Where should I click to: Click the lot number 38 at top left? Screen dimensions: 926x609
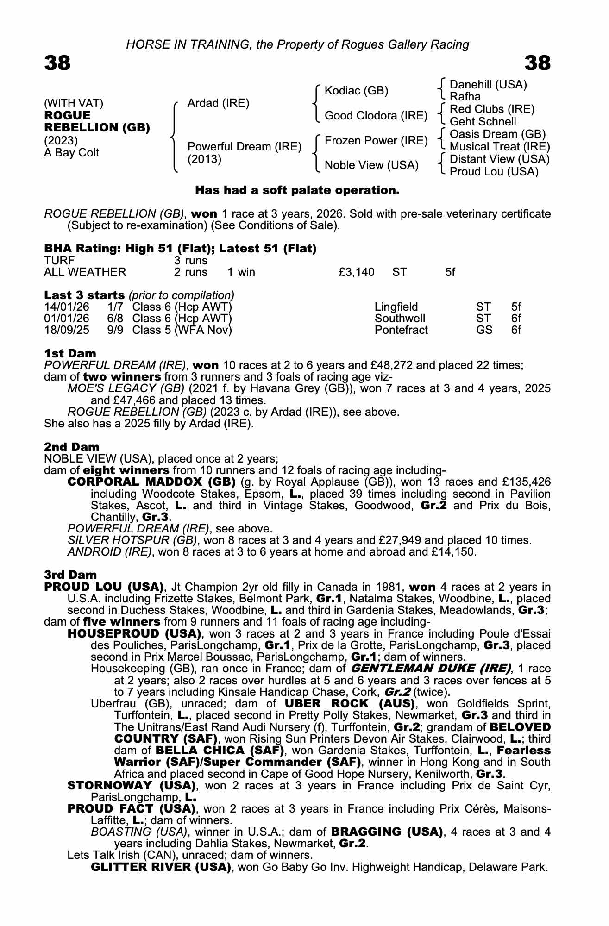pyautogui.click(x=57, y=63)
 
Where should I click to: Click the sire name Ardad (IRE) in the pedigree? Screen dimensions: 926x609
pyautogui.click(x=218, y=103)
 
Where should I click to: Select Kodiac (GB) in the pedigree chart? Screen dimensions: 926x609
pyautogui.click(x=356, y=91)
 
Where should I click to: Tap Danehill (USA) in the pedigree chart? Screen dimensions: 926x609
pyautogui.click(x=488, y=85)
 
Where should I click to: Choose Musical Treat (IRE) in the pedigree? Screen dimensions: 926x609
pyautogui.click(x=500, y=147)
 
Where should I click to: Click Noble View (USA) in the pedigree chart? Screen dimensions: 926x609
pyautogui.click(x=371, y=165)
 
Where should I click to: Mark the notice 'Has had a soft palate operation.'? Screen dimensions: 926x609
pyautogui.click(x=297, y=190)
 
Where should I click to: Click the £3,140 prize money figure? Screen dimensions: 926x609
pyautogui.click(x=357, y=272)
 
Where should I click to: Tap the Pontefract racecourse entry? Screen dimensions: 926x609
pyautogui.click(x=401, y=330)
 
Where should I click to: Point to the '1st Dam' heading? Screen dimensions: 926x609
pyautogui.click(x=70, y=354)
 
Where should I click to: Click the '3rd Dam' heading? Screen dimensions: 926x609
pyautogui.click(x=70, y=575)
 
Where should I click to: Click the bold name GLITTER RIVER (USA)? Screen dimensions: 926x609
pyautogui.click(x=161, y=867)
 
